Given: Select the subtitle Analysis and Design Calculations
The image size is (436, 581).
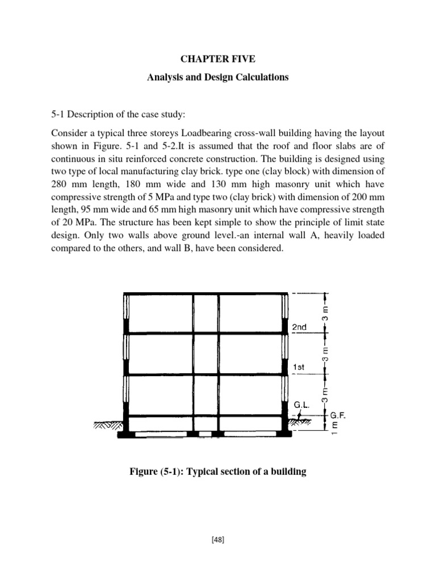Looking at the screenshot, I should (217, 77).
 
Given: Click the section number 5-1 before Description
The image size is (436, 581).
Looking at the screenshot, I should (59, 116).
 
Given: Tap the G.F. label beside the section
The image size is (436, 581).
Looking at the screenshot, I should (339, 415).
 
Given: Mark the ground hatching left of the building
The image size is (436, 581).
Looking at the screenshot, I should (106, 423).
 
